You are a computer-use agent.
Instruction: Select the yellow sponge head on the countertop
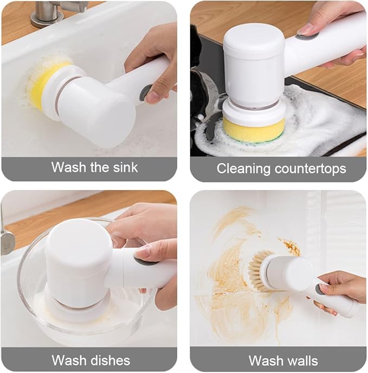coord(254,131)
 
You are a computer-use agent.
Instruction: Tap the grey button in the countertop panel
coord(307,36)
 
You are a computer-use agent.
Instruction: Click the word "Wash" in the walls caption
coord(266,361)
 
